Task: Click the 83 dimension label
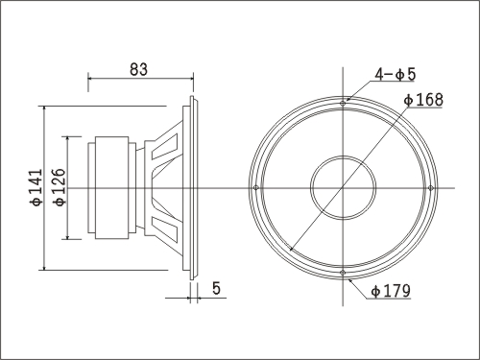point(138,69)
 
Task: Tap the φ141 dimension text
point(36,187)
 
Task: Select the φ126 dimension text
point(60,187)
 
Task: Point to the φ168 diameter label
point(423,100)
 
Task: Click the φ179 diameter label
point(391,291)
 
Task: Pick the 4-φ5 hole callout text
point(396,75)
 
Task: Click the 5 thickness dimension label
point(217,288)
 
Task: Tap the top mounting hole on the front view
point(343,104)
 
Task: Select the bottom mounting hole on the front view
point(343,273)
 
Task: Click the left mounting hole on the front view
point(255,188)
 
